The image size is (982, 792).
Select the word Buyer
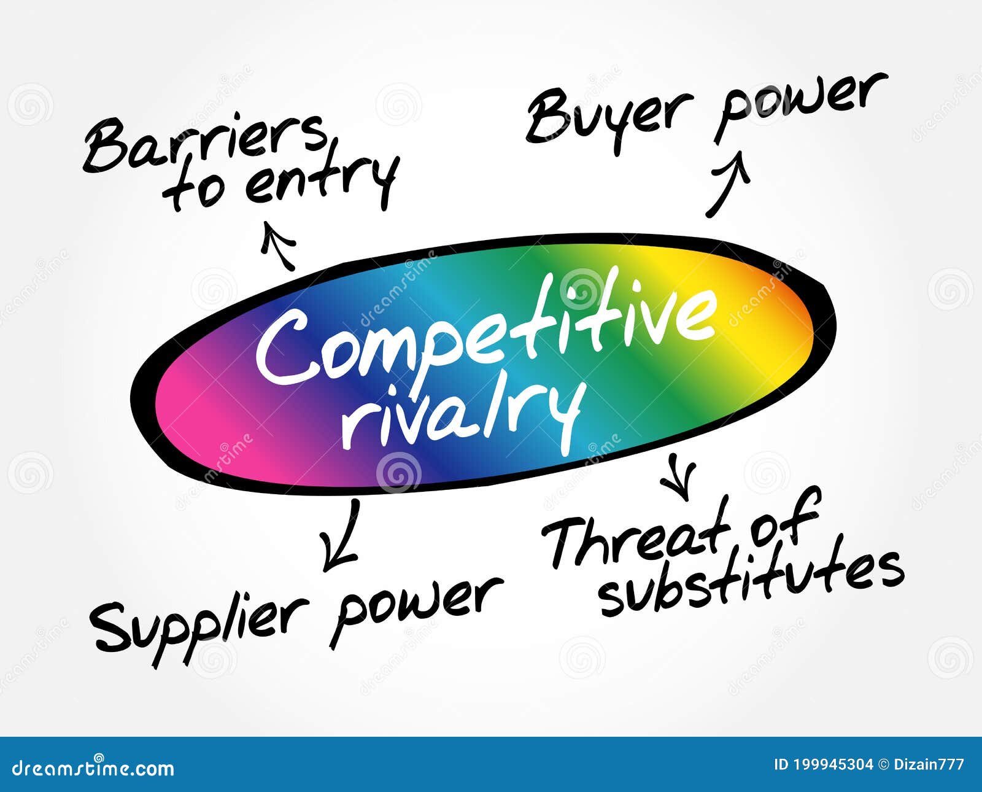pos(608,117)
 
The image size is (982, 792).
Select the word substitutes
pos(752,580)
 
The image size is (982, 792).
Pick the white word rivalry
pos(460,411)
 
